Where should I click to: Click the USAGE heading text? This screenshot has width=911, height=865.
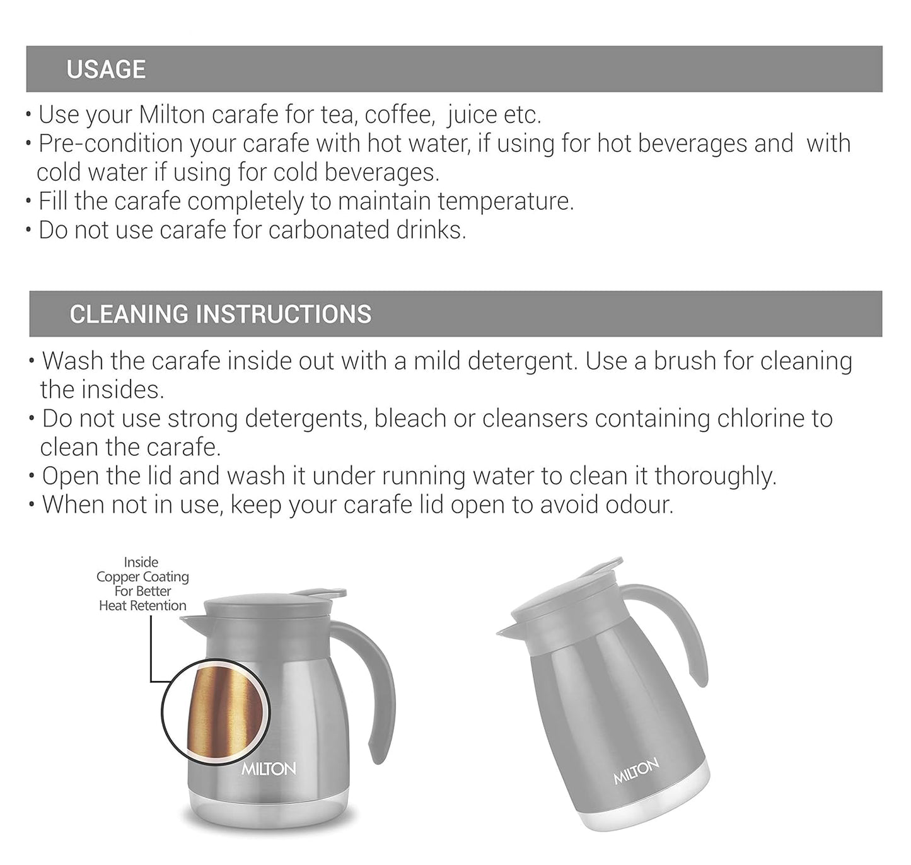[106, 69]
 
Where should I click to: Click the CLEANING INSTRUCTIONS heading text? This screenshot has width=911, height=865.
[220, 314]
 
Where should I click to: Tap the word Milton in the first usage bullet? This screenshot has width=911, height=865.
[171, 115]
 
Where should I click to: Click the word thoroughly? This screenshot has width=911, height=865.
[715, 476]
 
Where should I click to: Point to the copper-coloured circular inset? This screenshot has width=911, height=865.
[216, 711]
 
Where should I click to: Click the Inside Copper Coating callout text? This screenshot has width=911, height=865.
[142, 584]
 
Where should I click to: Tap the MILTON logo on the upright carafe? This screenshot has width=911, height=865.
[269, 769]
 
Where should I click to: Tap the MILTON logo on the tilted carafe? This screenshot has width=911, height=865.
[637, 772]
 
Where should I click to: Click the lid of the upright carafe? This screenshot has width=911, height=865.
[268, 607]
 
